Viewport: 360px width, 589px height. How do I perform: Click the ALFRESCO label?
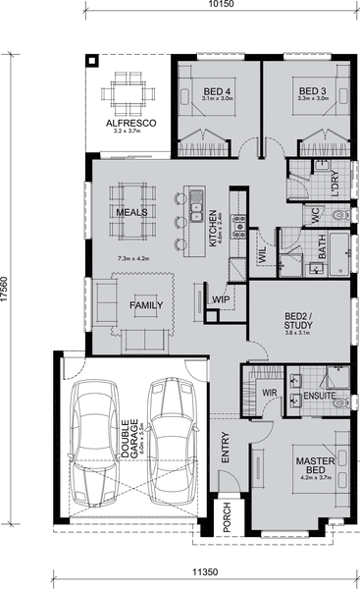pos(131,124)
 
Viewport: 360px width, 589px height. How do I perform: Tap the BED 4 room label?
pos(217,91)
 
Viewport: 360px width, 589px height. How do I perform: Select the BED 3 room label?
pos(313,91)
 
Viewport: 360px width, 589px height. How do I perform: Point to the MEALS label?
pos(131,212)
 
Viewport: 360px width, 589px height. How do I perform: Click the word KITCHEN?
pos(213,229)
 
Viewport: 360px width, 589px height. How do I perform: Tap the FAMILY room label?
pos(146,305)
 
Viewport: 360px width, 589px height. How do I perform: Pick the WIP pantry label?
pos(221,299)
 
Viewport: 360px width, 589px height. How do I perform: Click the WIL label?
pos(263,254)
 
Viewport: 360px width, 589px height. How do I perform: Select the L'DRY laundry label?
pos(334,185)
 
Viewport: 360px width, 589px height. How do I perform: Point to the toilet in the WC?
pos(341,215)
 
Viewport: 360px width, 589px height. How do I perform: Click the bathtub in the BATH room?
pos(339,254)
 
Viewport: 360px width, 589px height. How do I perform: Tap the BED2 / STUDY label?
pos(298,321)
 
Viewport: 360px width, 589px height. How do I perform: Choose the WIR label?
pos(270,393)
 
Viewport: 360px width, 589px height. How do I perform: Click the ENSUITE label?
pos(320,396)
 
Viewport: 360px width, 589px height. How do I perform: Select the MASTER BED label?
pos(315,465)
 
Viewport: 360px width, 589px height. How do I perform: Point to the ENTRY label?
pos(226,447)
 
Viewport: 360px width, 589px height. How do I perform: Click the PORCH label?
pos(227,517)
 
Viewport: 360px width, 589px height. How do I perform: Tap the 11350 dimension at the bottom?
pos(205,572)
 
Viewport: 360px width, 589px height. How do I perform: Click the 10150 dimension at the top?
pos(222,4)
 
